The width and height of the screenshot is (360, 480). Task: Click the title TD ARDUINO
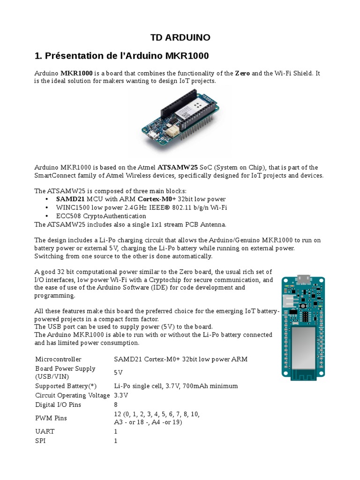[180, 37]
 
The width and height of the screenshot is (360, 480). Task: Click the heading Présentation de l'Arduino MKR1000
[121, 56]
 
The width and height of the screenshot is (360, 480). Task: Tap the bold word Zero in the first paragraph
[242, 73]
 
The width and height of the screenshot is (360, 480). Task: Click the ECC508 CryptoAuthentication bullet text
[101, 216]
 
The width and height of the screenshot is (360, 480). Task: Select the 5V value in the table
[119, 372]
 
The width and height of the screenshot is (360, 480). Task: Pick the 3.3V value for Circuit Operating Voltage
[121, 395]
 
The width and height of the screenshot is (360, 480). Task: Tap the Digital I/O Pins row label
[58, 405]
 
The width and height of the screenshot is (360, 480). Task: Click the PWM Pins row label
[51, 418]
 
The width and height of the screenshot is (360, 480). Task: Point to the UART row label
[45, 431]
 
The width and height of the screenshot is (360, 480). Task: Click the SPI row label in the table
[41, 441]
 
